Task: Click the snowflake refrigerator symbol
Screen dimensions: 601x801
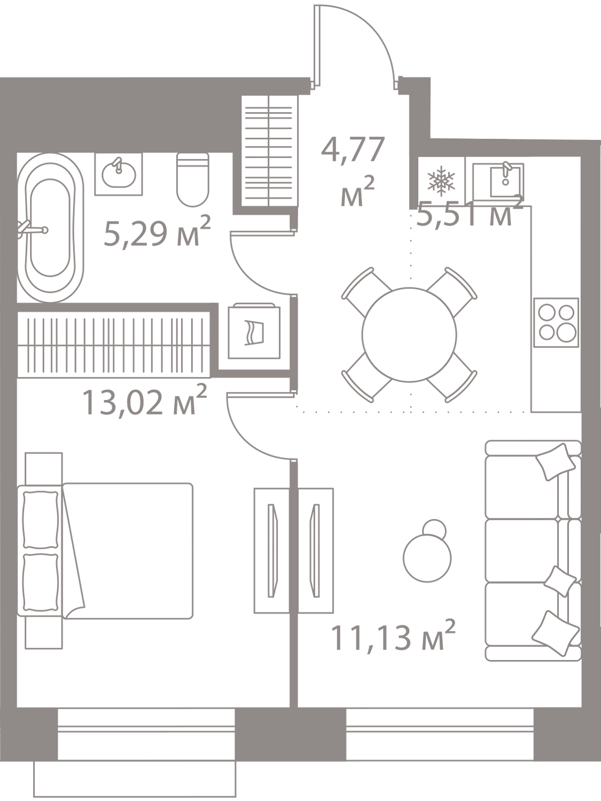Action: tap(442, 179)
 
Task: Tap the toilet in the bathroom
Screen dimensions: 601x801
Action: tap(193, 179)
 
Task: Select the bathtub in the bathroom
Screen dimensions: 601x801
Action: tap(50, 227)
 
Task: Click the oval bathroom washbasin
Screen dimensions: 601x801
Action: tap(119, 174)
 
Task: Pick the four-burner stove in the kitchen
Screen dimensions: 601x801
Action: tap(556, 322)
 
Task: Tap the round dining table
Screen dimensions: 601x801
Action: tap(409, 335)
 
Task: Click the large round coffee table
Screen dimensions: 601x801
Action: tap(427, 558)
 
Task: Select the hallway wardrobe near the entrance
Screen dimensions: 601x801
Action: tap(269, 151)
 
